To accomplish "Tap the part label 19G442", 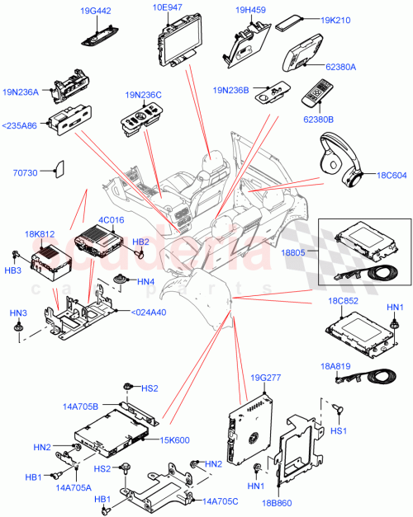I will coord(97,10).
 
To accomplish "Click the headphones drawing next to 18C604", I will coord(339,157).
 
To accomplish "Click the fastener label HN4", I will coord(145,281).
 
